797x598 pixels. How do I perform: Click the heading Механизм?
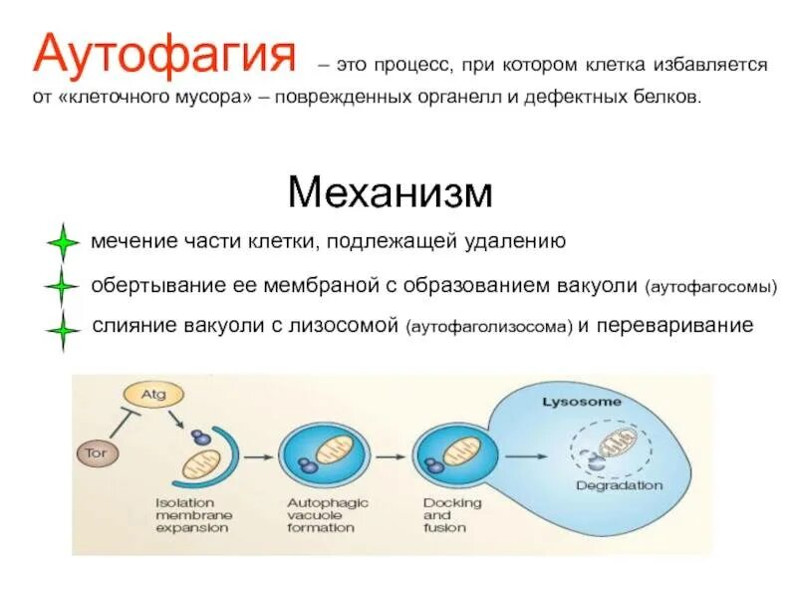point(390,191)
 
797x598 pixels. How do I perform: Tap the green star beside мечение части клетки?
point(62,243)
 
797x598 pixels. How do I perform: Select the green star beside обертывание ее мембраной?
point(62,287)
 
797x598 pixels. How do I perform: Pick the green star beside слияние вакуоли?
point(62,331)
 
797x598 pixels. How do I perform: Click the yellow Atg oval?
point(152,395)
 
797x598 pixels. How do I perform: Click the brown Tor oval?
point(97,452)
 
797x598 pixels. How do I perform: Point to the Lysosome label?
point(581,402)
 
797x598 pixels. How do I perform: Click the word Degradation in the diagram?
point(619,485)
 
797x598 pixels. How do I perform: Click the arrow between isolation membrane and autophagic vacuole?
point(257,456)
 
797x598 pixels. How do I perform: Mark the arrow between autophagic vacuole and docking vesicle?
point(388,456)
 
